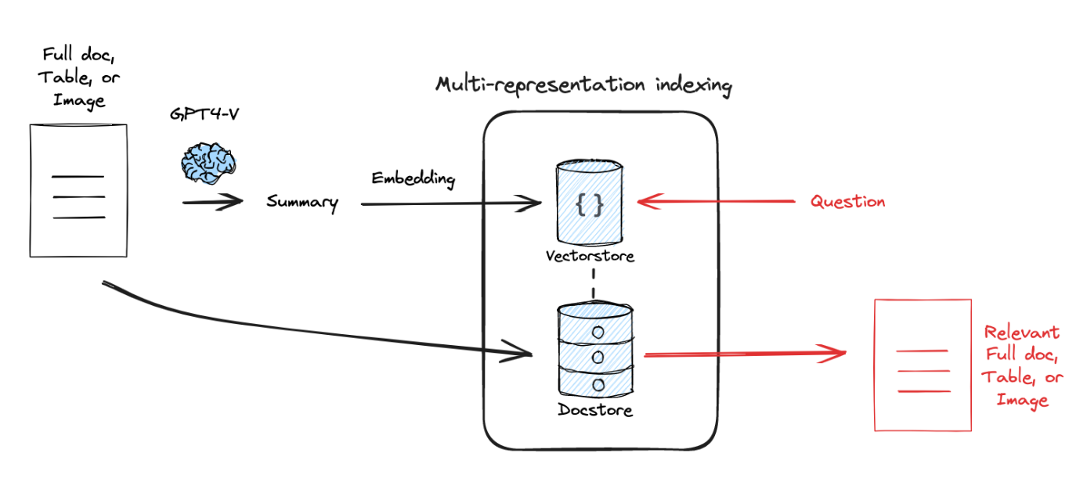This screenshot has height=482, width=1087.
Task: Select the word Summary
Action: (302, 203)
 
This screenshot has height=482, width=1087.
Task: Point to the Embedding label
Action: (413, 178)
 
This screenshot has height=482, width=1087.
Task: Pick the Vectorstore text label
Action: (590, 255)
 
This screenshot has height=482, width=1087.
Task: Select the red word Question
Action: (847, 202)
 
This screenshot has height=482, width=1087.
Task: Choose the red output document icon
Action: (923, 365)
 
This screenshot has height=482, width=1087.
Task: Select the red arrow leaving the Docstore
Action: (744, 354)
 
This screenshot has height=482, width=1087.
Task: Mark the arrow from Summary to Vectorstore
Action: (451, 205)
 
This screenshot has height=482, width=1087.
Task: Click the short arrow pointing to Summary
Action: (212, 203)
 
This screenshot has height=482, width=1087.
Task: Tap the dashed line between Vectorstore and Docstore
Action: (594, 284)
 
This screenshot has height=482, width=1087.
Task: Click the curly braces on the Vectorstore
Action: (590, 204)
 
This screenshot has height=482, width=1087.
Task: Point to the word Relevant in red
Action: (1022, 332)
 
